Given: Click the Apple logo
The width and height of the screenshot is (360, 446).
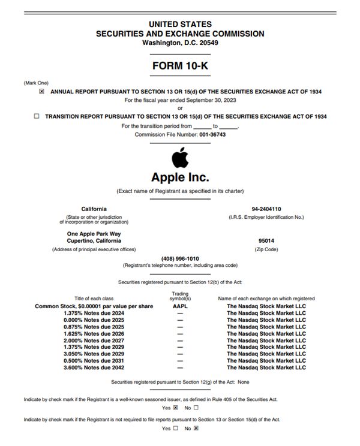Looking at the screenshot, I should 179,158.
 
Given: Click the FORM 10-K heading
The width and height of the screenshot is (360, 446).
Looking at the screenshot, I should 179,65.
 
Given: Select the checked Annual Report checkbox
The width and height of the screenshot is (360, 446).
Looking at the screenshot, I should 41,92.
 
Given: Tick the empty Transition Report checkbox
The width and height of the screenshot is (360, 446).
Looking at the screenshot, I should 37,117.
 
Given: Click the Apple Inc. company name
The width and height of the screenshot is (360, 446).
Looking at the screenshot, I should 180,177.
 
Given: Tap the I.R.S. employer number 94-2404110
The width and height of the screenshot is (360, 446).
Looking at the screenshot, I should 266,209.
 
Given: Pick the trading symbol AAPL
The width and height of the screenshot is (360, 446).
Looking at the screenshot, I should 180,306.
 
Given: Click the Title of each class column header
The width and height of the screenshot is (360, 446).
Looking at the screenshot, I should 94,298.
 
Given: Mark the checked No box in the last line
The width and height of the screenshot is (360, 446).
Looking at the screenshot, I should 196,428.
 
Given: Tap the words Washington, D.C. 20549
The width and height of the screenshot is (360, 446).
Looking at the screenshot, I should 179,43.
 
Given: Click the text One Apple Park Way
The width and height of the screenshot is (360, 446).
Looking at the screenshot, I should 94,234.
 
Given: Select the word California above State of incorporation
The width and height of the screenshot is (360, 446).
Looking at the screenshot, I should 94,209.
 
